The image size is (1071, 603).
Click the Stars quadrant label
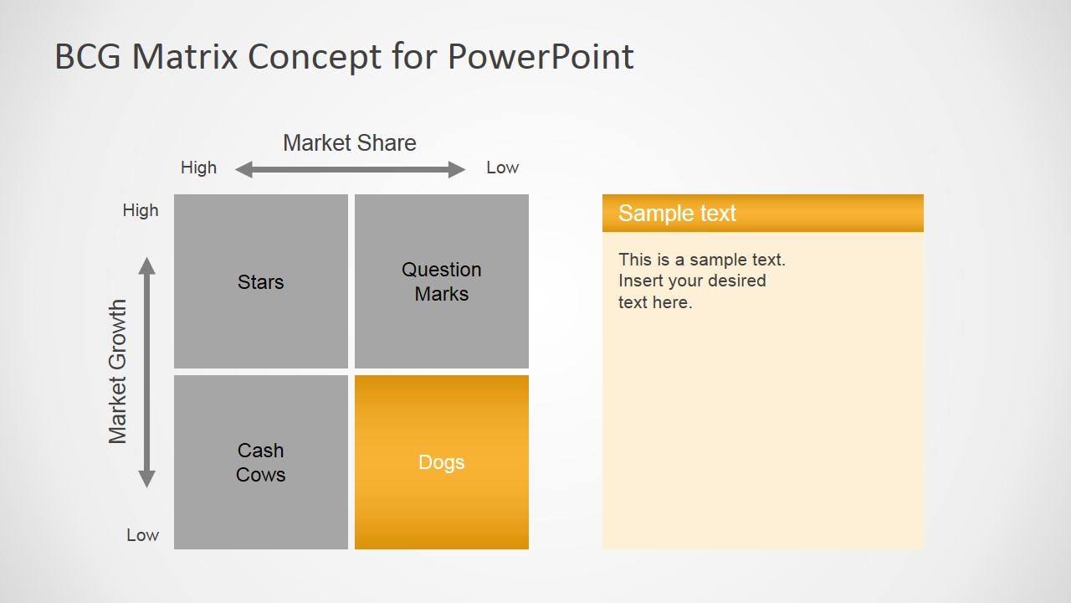[260, 282]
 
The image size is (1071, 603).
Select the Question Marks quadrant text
[441, 281]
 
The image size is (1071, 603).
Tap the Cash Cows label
[260, 462]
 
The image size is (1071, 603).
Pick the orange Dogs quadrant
[441, 461]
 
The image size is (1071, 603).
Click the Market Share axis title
[350, 142]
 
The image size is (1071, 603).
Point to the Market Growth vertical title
[118, 372]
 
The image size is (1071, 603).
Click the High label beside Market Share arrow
[198, 167]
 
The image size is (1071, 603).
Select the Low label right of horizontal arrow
[502, 167]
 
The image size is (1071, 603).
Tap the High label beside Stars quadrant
[140, 210]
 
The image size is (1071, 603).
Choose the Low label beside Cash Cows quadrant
[142, 535]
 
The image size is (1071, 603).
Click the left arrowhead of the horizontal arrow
[243, 169]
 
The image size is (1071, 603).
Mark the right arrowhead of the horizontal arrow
[457, 169]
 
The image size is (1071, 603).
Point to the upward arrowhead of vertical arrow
[146, 265]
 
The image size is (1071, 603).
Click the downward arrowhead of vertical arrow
[146, 479]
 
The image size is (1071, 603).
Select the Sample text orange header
[762, 213]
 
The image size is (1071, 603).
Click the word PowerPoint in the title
[541, 56]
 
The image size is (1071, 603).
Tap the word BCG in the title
[88, 56]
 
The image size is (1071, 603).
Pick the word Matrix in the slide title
[185, 56]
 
